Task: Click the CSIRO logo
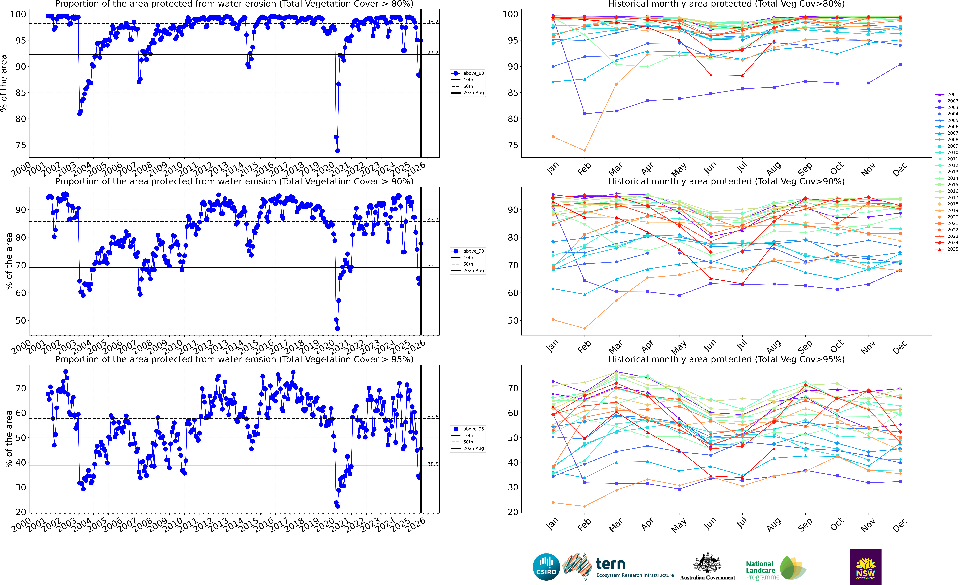(546, 567)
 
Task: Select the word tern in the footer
(611, 564)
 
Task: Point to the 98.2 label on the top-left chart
(432, 21)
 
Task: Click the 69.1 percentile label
(432, 266)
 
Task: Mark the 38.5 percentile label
(432, 464)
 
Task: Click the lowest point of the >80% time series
(337, 151)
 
